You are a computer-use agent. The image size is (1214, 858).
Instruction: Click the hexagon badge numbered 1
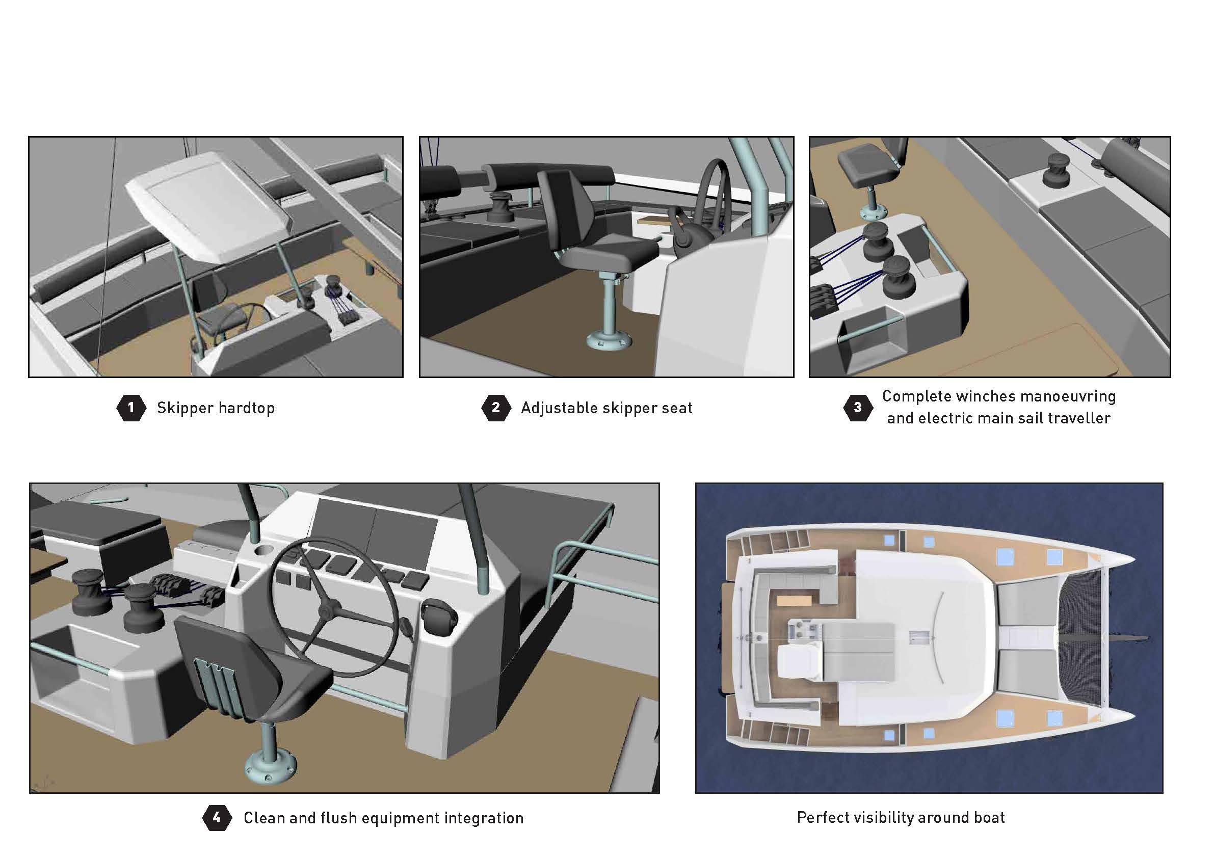(131, 408)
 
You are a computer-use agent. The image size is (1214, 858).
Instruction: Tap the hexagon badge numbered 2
(496, 408)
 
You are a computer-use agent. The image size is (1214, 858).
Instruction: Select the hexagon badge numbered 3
(858, 408)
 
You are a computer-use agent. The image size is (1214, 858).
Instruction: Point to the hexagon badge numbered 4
(217, 818)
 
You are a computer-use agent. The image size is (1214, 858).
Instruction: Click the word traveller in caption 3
(1078, 418)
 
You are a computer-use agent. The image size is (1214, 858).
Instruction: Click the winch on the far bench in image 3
(1056, 169)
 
